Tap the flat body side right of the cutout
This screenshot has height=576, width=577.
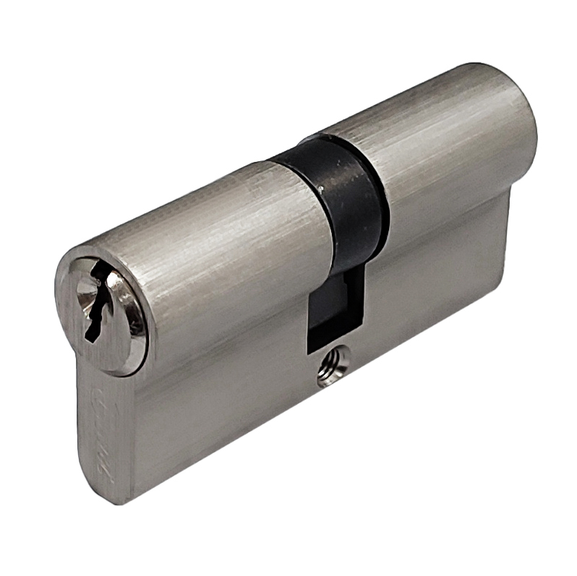434,289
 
